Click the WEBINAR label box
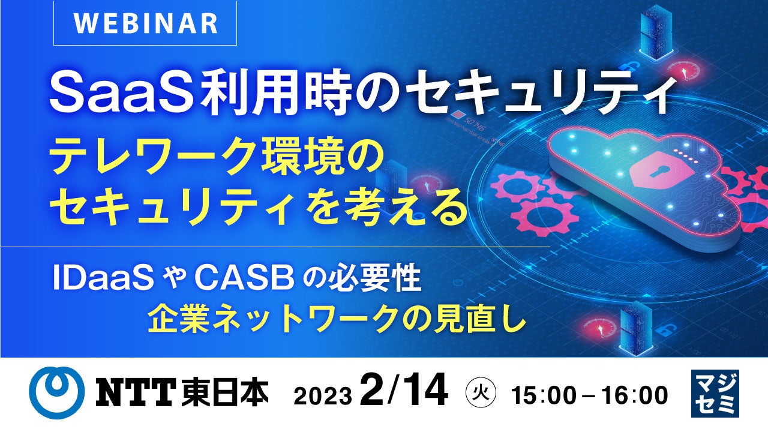(x=145, y=23)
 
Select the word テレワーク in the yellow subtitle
(x=154, y=160)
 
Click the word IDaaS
(x=103, y=278)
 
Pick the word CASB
(x=244, y=278)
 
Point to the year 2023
(x=323, y=397)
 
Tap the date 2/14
(x=404, y=390)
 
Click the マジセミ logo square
(x=715, y=393)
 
